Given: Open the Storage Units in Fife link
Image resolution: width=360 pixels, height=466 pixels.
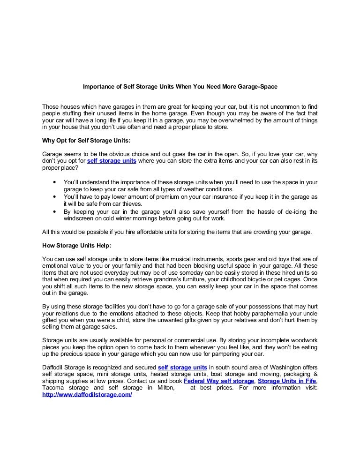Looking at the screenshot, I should [x=287, y=381].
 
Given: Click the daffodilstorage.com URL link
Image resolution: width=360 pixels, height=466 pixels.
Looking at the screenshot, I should [x=87, y=395].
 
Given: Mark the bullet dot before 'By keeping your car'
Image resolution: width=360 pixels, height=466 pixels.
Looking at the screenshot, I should [x=56, y=211].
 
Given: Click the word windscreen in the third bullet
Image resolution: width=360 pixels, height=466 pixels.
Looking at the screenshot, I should [x=79, y=218].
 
